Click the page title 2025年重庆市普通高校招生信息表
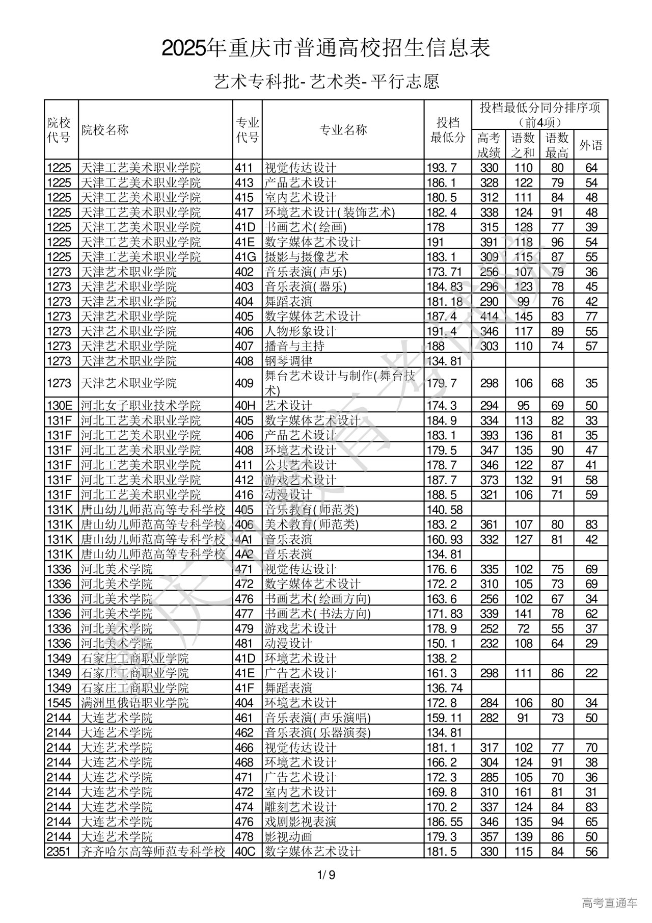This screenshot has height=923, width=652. click(326, 48)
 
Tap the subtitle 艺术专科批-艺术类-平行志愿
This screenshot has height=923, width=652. click(326, 82)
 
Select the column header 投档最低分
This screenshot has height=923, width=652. click(448, 130)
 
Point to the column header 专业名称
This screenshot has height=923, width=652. click(343, 130)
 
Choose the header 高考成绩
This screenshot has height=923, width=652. click(489, 145)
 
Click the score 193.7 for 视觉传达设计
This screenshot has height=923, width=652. click(441, 168)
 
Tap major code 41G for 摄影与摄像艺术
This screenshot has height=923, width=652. click(244, 257)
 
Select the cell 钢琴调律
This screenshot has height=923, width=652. click(288, 361)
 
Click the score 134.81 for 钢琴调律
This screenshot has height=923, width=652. click(444, 361)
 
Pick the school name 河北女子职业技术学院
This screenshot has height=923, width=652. click(141, 406)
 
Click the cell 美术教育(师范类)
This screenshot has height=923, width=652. click(311, 524)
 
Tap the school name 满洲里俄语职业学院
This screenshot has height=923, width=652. click(134, 703)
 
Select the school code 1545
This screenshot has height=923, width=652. click(59, 703)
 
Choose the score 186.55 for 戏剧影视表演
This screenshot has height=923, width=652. click(444, 822)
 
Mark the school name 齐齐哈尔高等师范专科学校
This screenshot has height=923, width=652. click(153, 851)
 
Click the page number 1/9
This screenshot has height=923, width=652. click(326, 876)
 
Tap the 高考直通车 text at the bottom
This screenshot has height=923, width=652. click(609, 903)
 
